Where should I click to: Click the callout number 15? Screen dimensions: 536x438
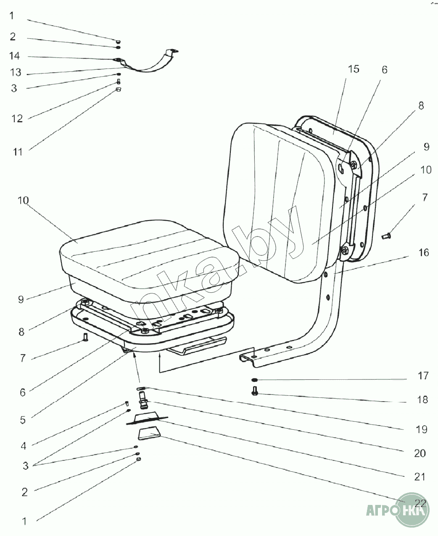pyautogui.click(x=354, y=69)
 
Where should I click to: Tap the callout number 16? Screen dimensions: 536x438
pyautogui.click(x=423, y=252)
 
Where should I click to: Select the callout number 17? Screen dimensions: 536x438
pyautogui.click(x=423, y=376)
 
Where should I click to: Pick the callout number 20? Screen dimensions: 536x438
pyautogui.click(x=420, y=453)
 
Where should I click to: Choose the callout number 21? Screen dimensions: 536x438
pyautogui.click(x=420, y=477)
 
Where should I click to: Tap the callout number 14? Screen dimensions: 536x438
pyautogui.click(x=15, y=56)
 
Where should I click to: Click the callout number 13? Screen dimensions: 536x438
pyautogui.click(x=16, y=73)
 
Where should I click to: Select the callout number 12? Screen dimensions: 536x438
pyautogui.click(x=17, y=118)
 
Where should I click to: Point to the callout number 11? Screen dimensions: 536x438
pyautogui.click(x=17, y=151)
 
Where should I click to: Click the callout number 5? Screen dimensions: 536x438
pyautogui.click(x=23, y=419)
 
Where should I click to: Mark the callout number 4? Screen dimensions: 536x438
pyautogui.click(x=24, y=446)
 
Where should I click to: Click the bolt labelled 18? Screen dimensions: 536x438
pyautogui.click(x=255, y=392)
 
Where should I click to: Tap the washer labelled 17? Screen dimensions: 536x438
pyautogui.click(x=255, y=380)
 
